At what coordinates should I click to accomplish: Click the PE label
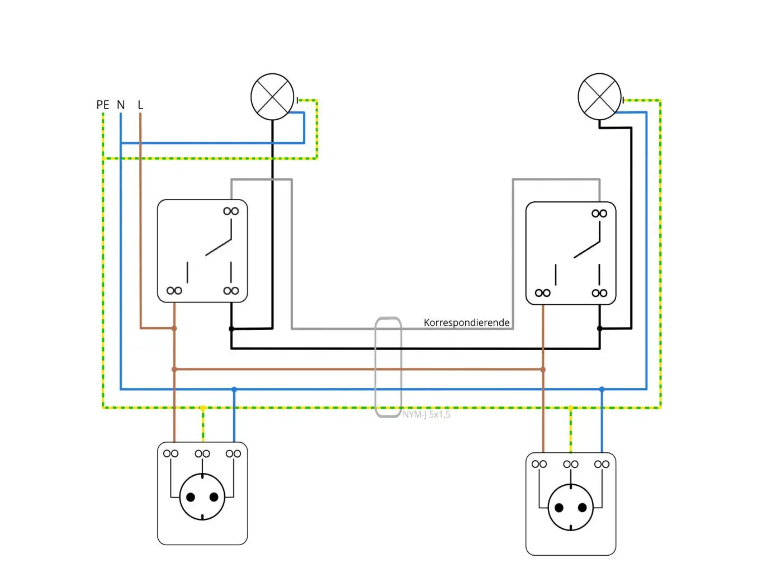[103, 105]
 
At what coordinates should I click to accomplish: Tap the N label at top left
[121, 105]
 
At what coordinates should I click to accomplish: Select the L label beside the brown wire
[140, 105]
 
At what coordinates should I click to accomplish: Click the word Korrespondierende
[466, 322]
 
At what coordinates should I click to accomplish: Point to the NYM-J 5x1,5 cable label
[427, 414]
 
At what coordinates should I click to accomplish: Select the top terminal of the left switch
[231, 211]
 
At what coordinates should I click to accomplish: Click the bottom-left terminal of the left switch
[174, 291]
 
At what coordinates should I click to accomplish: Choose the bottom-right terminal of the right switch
[599, 293]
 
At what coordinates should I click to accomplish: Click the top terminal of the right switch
[599, 214]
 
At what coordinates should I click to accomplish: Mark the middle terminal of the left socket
[202, 453]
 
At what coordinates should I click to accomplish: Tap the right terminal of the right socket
[602, 464]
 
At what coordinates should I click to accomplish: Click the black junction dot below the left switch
[231, 329]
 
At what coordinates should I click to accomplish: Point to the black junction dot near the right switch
[599, 328]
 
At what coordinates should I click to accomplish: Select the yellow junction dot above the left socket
[203, 408]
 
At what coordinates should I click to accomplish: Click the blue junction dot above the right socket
[602, 389]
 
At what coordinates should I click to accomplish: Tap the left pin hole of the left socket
[191, 497]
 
